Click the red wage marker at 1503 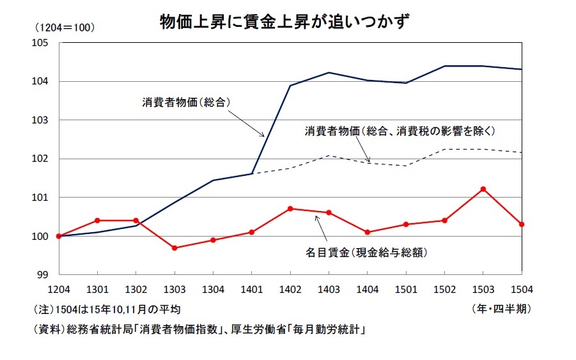[483, 189]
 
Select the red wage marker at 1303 [175, 247]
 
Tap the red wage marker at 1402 [290, 208]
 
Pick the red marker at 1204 [58, 236]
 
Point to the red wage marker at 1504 [522, 224]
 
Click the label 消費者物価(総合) [185, 102]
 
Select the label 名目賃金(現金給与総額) [366, 252]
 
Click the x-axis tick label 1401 [252, 288]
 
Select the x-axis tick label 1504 [521, 288]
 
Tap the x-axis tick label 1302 [136, 288]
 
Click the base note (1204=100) [65, 27]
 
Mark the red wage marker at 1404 [367, 232]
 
